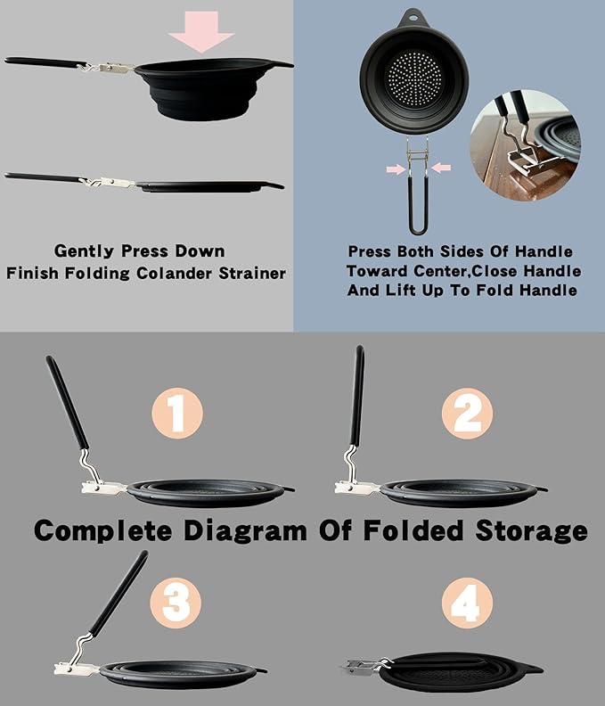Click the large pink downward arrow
(200, 30)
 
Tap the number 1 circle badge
(177, 413)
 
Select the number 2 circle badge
(467, 414)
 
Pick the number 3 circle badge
(176, 603)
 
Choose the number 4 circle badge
(467, 603)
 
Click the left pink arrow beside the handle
(397, 168)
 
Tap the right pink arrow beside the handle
(441, 168)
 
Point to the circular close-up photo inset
(526, 145)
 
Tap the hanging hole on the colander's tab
(413, 19)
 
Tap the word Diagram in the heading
(245, 530)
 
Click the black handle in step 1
(67, 402)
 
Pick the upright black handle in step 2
(357, 395)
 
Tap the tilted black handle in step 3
(119, 594)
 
